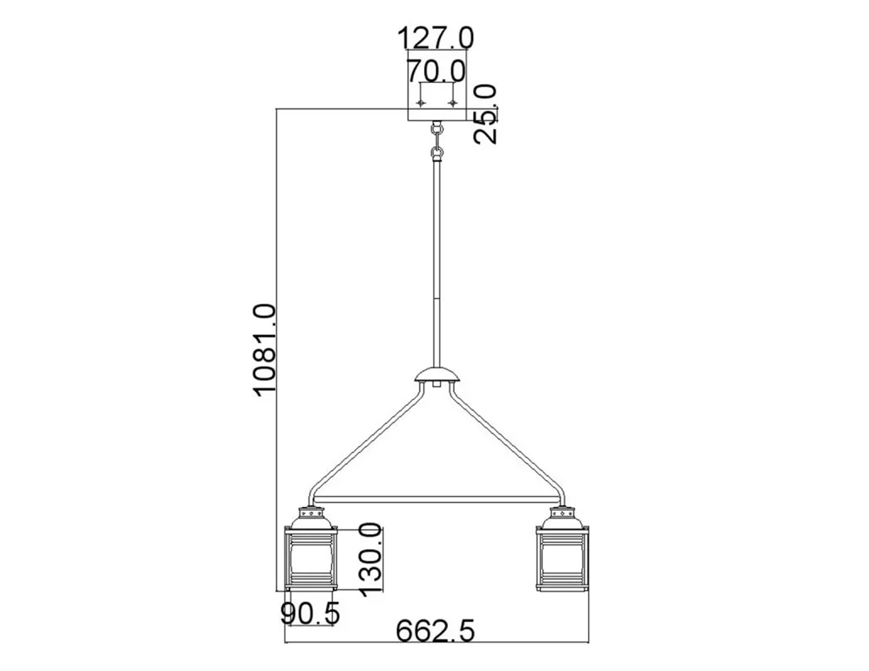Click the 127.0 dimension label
point(435,38)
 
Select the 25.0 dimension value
point(485,114)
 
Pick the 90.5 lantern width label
point(310,613)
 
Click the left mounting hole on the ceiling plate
point(421,103)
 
